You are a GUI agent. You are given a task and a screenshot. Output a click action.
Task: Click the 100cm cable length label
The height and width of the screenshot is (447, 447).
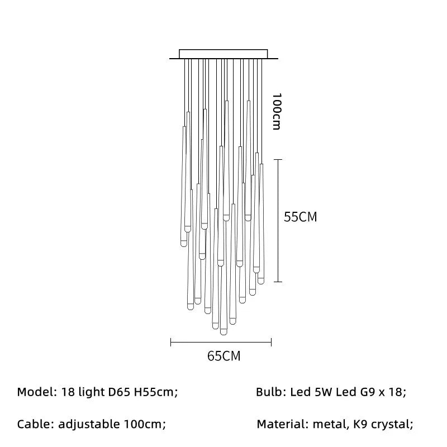[277, 111]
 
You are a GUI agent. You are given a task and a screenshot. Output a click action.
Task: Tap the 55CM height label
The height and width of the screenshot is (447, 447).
[300, 217]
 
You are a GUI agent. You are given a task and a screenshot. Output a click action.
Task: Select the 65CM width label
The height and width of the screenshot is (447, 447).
[224, 356]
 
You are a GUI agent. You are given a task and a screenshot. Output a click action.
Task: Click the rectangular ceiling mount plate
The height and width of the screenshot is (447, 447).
[223, 54]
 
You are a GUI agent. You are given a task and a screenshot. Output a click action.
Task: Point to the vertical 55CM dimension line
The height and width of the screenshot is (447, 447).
[278, 221]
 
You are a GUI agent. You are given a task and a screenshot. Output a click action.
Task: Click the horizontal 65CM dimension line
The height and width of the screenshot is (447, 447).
[221, 342]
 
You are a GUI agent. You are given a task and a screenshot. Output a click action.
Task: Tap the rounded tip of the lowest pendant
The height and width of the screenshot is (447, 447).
[223, 332]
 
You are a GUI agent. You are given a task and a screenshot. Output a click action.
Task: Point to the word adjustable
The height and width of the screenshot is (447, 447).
[89, 424]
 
